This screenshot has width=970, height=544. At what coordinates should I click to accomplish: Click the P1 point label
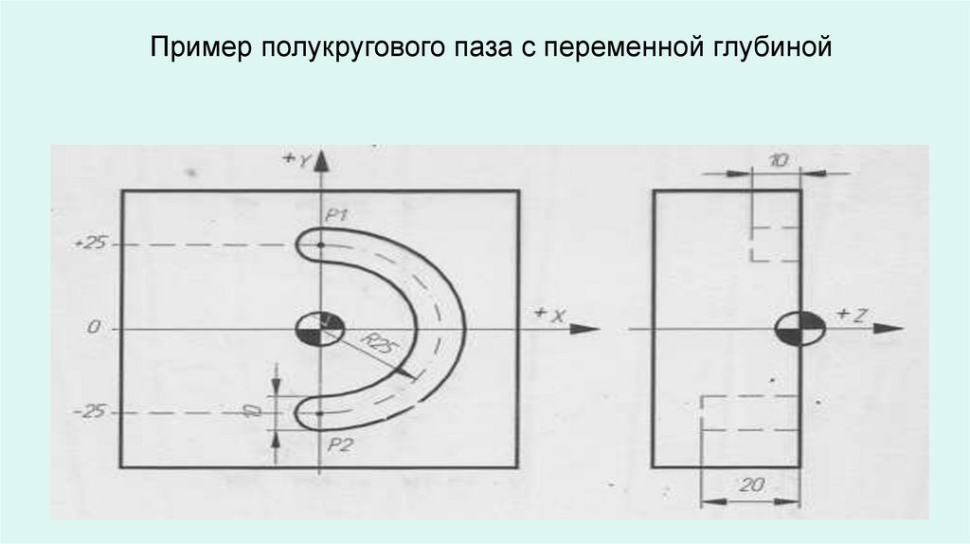tap(337, 216)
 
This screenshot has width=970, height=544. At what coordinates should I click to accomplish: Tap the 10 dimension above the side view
tap(777, 161)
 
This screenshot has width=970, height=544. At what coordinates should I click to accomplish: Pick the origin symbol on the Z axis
tap(799, 329)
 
